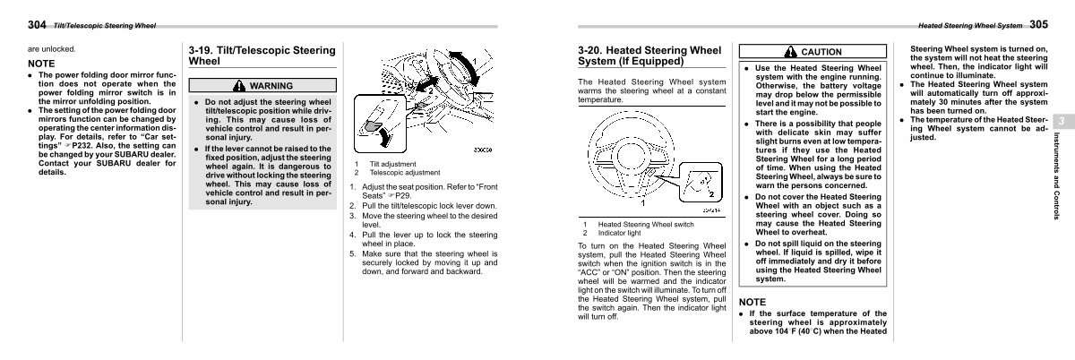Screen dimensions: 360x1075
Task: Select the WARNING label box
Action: (263, 85)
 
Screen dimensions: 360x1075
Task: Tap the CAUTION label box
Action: (813, 52)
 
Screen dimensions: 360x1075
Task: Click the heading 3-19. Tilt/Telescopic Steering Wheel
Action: (262, 56)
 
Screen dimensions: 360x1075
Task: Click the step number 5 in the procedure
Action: (352, 254)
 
